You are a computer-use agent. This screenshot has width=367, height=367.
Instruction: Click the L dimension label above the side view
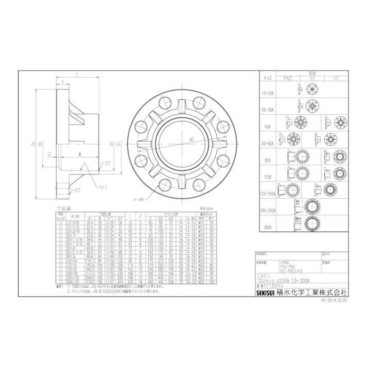77,76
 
